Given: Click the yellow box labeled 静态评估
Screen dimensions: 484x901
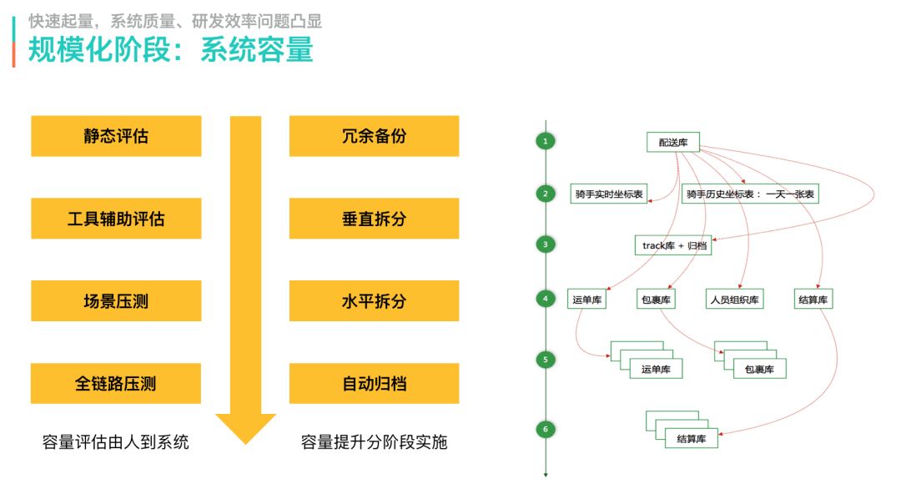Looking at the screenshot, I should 116,136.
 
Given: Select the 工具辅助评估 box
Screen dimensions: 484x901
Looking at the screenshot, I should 116,219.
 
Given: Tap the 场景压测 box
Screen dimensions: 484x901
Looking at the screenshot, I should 116,301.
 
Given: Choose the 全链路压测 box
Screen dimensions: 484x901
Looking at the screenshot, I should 116,384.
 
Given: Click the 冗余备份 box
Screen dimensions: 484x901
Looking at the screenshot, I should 374,136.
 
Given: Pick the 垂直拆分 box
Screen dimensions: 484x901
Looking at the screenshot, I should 374,219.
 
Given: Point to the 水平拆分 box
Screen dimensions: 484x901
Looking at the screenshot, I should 374,301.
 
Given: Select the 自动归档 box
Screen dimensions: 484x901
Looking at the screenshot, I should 374,384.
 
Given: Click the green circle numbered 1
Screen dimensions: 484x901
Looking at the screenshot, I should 545,141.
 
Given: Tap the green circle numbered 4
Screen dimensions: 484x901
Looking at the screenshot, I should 545,298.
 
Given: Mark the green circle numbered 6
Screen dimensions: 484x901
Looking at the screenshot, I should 545,430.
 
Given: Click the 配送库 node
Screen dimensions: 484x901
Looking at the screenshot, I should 672,143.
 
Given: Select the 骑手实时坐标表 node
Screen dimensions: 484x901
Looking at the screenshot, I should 609,194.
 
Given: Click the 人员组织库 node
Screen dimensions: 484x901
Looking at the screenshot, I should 734,300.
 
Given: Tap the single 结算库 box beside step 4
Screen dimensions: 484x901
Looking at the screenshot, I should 813,300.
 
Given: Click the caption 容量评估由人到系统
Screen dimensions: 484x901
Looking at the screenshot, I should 116,442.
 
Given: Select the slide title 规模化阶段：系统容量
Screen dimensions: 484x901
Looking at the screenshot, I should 171,50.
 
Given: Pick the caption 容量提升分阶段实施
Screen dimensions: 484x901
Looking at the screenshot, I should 374,442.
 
